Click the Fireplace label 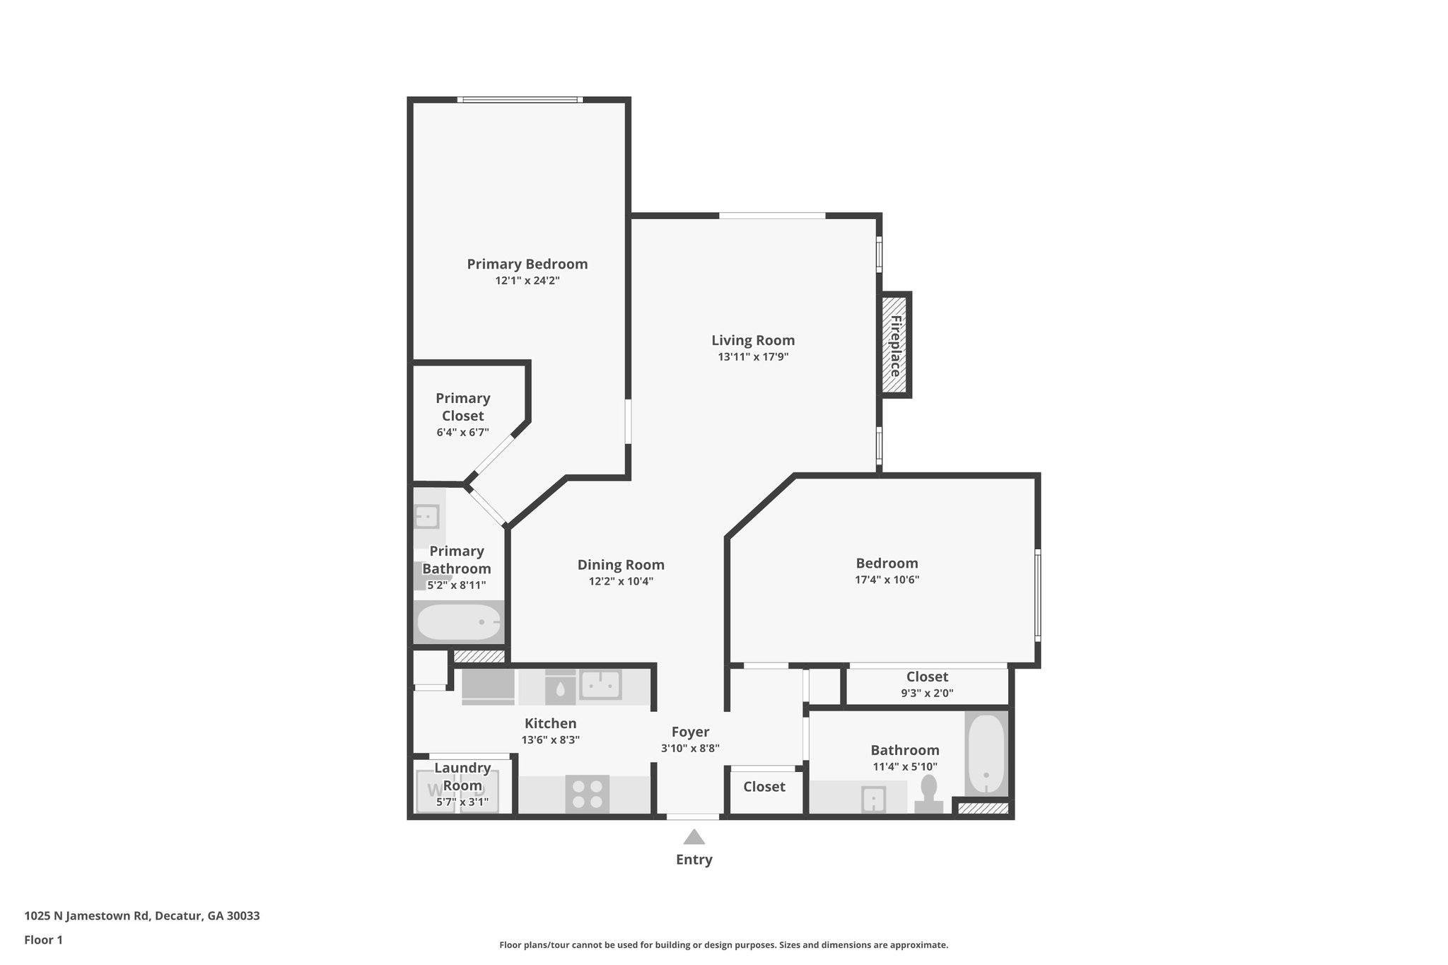[895, 346]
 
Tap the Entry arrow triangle [694, 837]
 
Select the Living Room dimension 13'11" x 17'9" [753, 357]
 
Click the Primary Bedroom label [527, 264]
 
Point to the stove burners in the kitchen [587, 793]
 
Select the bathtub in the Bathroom [986, 754]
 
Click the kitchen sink [600, 685]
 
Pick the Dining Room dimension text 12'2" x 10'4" [621, 581]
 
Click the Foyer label [690, 732]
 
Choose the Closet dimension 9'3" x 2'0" [927, 694]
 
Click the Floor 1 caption [43, 940]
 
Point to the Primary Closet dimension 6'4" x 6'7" [462, 432]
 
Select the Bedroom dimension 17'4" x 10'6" [887, 580]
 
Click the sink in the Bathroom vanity [874, 799]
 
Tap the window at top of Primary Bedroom [520, 100]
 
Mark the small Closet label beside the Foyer [764, 787]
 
